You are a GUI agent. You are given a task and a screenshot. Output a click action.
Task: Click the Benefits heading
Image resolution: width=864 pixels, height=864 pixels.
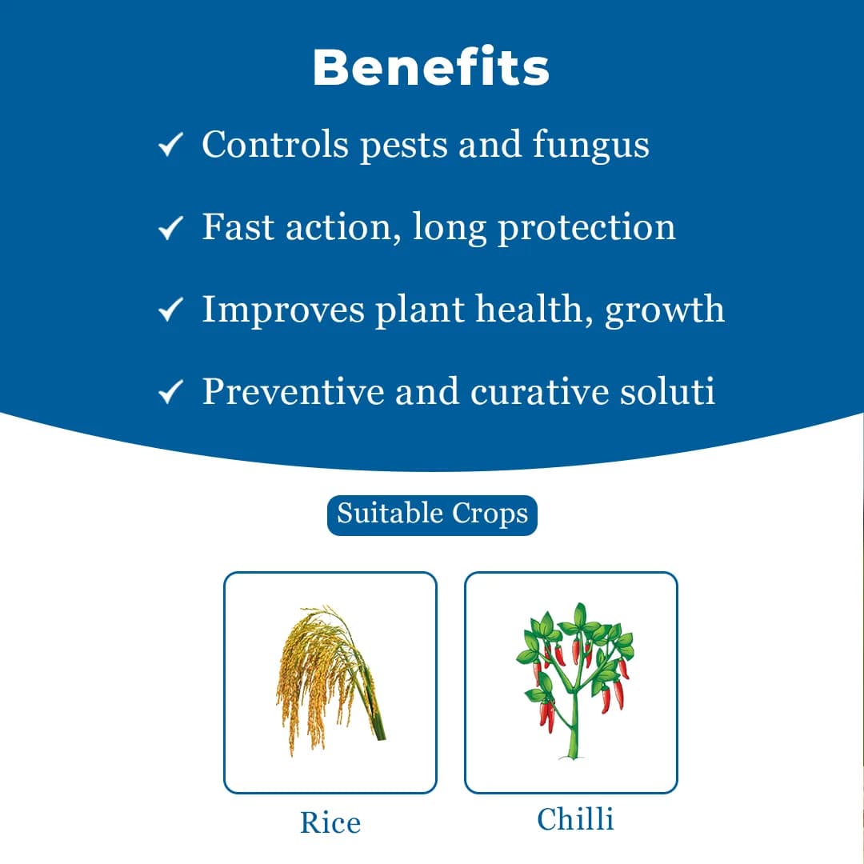click(430, 68)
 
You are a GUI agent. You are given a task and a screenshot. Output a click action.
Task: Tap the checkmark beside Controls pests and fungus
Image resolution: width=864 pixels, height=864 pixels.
click(170, 146)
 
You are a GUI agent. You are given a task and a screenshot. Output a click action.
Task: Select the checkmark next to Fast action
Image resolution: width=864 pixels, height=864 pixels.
click(170, 229)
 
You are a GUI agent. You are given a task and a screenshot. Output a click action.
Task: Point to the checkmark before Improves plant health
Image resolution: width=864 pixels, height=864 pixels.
click(170, 310)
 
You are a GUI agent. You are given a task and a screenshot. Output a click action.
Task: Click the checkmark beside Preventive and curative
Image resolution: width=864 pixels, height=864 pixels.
click(170, 393)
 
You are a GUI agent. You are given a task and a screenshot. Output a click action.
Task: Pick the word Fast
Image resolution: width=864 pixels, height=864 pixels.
click(232, 227)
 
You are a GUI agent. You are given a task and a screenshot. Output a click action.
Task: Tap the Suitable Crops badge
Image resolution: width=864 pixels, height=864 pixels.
click(432, 514)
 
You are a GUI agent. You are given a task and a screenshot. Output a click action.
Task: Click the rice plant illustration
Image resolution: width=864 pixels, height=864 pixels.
click(330, 680)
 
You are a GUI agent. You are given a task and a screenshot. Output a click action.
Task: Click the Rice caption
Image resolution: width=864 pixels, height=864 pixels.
click(330, 822)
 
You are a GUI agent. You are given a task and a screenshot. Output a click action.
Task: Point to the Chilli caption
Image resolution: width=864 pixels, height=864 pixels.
click(575, 819)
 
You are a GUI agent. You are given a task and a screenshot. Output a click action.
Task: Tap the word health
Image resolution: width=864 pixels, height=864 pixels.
click(534, 310)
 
